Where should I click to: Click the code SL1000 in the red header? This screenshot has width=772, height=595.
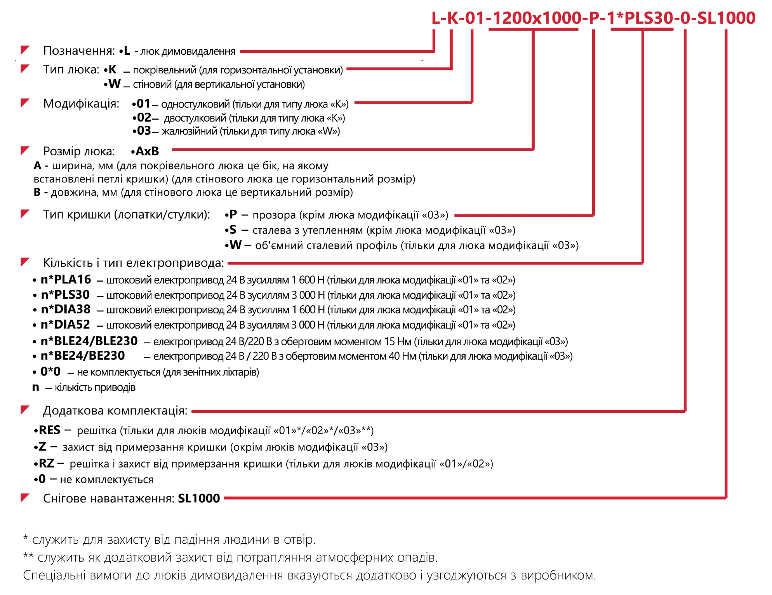click(726, 18)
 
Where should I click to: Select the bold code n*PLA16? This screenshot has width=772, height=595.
click(66, 279)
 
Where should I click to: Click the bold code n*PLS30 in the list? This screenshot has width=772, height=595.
click(65, 295)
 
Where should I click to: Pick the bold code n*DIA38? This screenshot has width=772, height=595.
click(66, 309)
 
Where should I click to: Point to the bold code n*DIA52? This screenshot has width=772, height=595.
click(65, 324)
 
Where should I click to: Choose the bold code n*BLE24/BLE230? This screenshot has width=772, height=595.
click(89, 341)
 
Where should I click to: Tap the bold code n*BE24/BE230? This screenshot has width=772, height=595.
click(83, 355)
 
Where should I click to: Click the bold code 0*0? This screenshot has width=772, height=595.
click(50, 372)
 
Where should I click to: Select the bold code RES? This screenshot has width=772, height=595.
click(49, 430)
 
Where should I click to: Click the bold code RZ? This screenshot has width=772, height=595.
click(47, 463)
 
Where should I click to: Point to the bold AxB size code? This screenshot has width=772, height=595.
click(147, 151)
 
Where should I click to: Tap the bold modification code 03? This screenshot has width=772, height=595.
click(144, 130)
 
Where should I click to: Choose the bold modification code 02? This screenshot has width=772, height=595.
click(144, 117)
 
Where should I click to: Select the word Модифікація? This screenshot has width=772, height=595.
click(81, 104)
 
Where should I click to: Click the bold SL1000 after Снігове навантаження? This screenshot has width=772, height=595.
click(199, 498)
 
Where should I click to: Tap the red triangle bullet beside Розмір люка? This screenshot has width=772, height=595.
click(25, 150)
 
